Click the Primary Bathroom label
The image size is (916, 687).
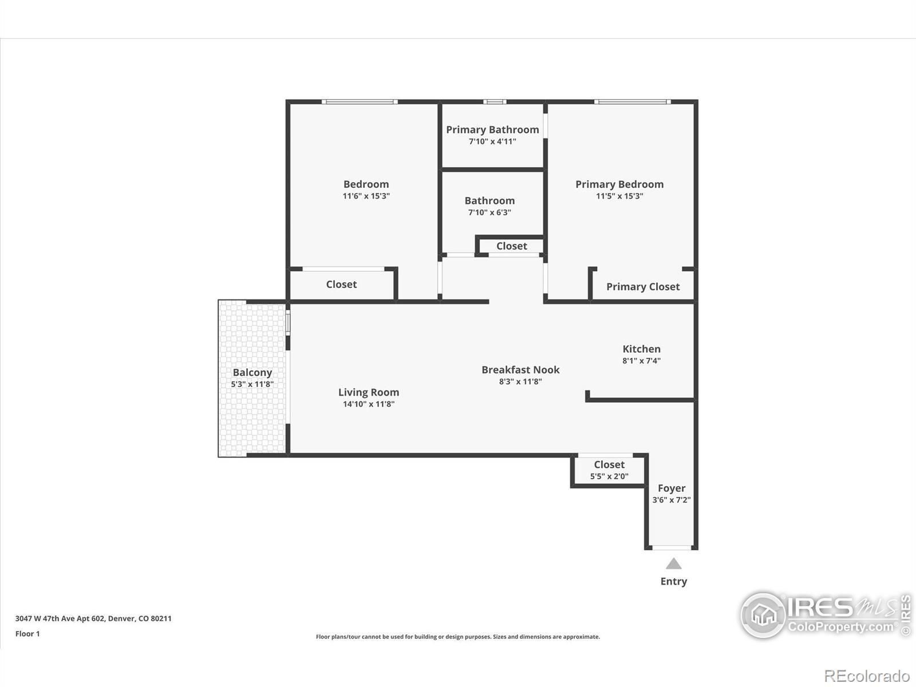point(492,130)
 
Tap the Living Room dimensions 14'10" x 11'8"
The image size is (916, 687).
point(369,404)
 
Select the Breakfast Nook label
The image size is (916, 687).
point(520,370)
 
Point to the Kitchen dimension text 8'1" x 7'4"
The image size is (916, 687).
point(641,361)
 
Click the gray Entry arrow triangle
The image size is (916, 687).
point(673,564)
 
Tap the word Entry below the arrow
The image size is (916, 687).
point(673,582)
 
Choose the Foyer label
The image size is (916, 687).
point(672,488)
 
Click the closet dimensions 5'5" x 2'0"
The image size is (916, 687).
point(609,476)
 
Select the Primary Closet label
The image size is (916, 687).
point(643,287)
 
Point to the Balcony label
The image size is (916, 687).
point(252,373)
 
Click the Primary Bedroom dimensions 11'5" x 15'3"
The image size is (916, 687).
point(619,196)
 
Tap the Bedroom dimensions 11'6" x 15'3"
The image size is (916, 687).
point(366,196)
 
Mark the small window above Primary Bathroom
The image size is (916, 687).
point(495,101)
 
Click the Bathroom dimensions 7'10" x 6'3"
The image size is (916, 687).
point(489,212)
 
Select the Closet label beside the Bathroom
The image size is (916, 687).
point(512,246)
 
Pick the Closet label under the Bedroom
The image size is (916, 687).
point(341,285)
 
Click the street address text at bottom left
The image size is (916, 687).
point(93,619)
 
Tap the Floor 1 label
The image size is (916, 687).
point(27,634)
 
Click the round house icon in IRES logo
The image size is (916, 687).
point(763,615)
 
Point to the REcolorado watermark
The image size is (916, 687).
point(867,676)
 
